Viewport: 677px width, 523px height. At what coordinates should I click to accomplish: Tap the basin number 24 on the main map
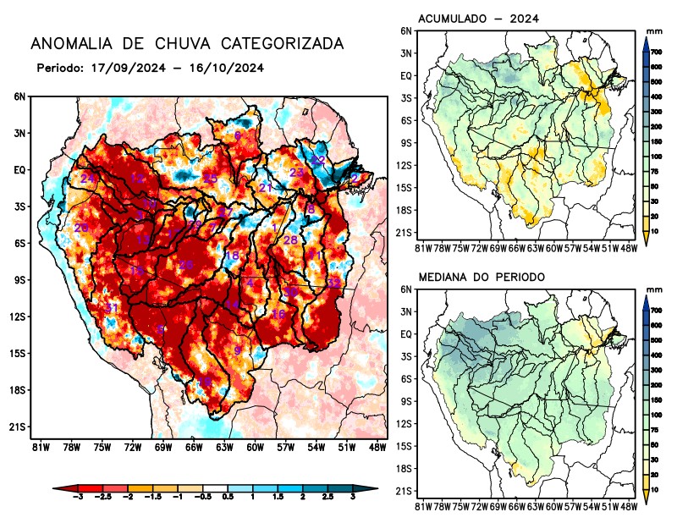87,178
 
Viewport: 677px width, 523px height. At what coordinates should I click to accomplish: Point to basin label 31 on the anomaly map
112,306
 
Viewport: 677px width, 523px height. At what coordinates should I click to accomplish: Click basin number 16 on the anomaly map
278,314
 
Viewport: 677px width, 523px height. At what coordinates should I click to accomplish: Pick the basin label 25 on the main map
210,178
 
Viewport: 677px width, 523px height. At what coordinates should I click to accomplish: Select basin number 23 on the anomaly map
297,173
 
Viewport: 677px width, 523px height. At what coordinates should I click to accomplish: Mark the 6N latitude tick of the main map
19,97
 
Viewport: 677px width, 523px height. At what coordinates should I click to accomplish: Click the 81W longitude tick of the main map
39,447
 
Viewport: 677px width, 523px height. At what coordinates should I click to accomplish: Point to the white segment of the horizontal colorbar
214,489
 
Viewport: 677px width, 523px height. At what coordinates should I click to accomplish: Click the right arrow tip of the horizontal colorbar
374,489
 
